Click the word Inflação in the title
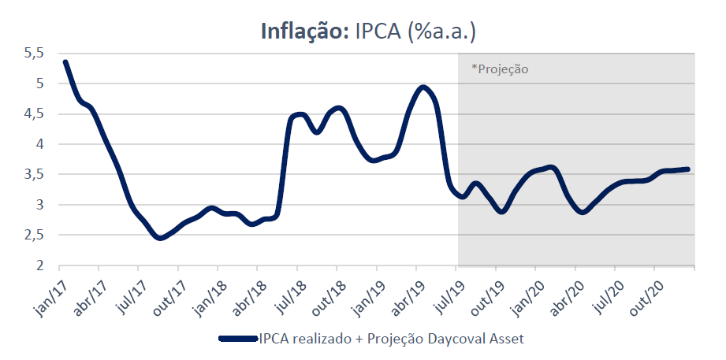pyautogui.click(x=303, y=31)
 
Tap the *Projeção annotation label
pyautogui.click(x=500, y=69)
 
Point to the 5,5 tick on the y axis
pyautogui.click(x=34, y=53)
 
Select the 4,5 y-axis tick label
pyautogui.click(x=34, y=113)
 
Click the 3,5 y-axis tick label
pyautogui.click(x=34, y=174)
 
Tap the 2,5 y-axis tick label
pyautogui.click(x=34, y=235)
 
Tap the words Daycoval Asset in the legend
pyautogui.click(x=482, y=339)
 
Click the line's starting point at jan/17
pyautogui.click(x=65, y=61)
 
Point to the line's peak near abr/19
pyautogui.click(x=423, y=87)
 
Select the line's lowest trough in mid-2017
pyautogui.click(x=160, y=237)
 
